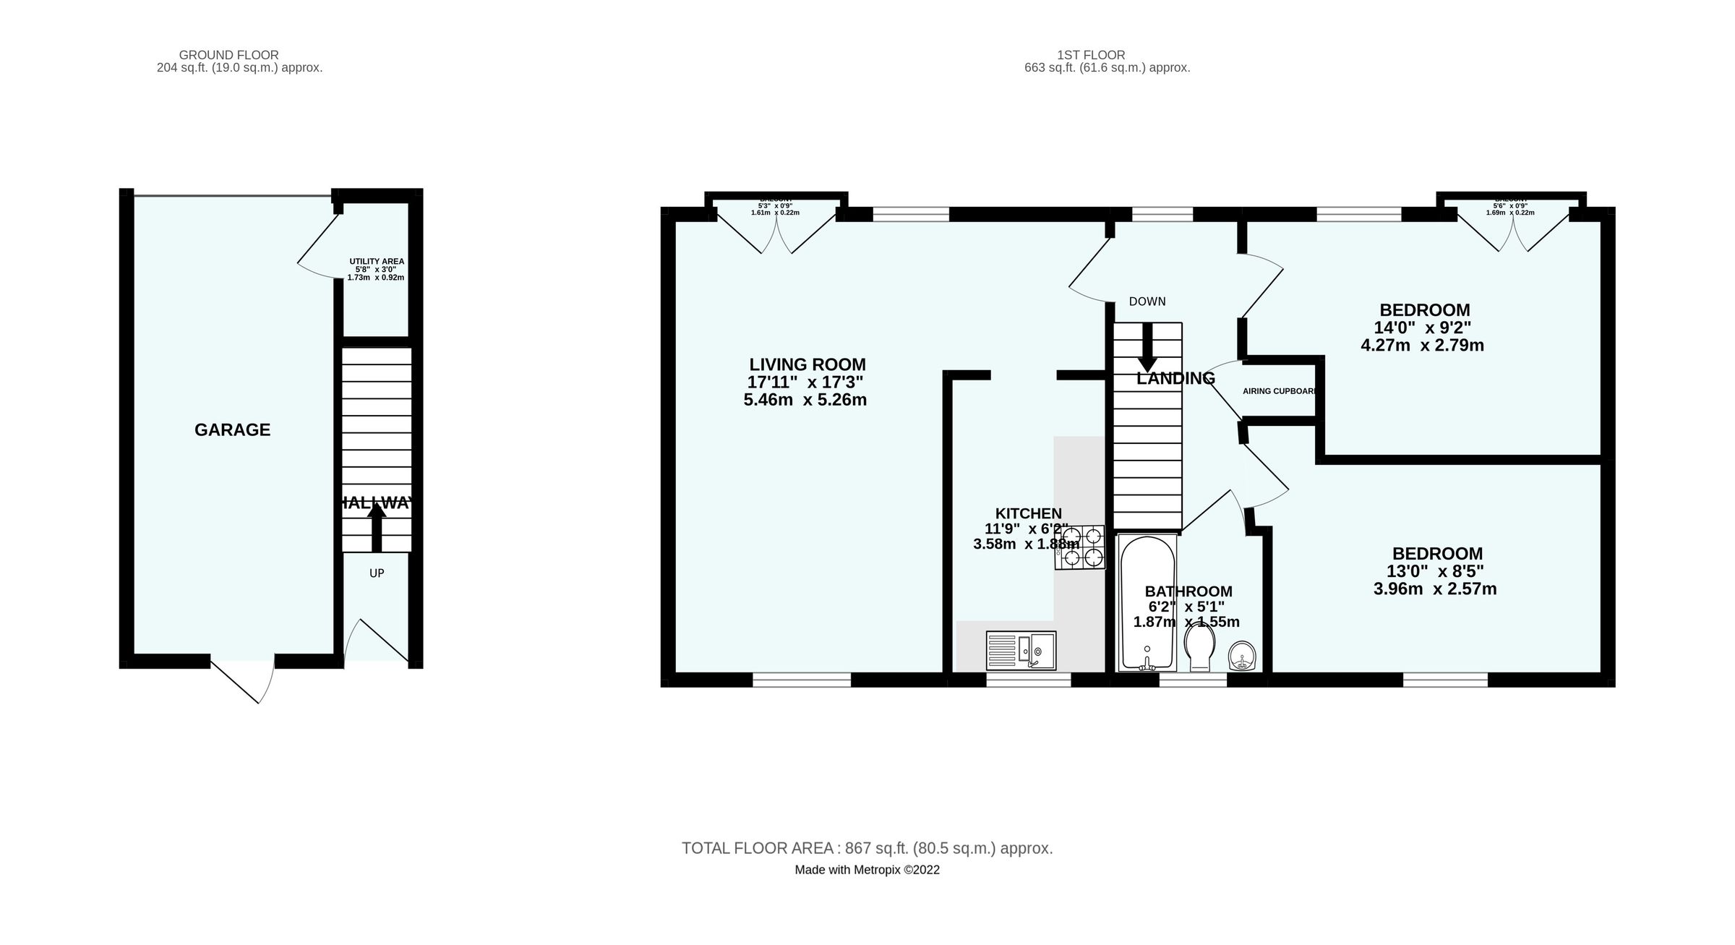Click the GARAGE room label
pyautogui.click(x=232, y=430)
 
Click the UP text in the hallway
pyautogui.click(x=377, y=573)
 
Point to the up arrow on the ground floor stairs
pyautogui.click(x=377, y=528)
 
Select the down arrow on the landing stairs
pyautogui.click(x=1147, y=348)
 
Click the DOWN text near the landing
pyautogui.click(x=1147, y=302)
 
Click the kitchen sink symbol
pyautogui.click(x=1021, y=650)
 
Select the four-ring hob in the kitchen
pyautogui.click(x=1081, y=547)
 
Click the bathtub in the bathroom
pyautogui.click(x=1147, y=602)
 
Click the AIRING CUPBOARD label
pyautogui.click(x=1278, y=391)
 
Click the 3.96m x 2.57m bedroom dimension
pyautogui.click(x=1435, y=589)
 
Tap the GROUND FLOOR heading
pyautogui.click(x=228, y=55)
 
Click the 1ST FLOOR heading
pyautogui.click(x=1091, y=55)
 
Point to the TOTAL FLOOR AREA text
pyautogui.click(x=867, y=848)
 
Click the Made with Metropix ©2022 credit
pyautogui.click(x=867, y=870)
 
